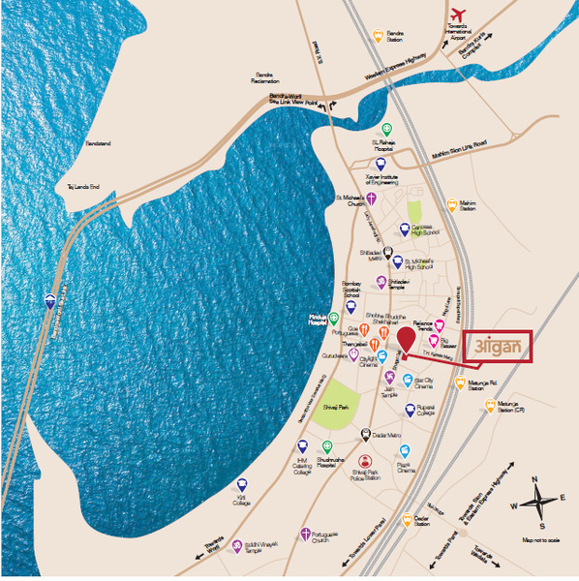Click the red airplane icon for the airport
pyautogui.click(x=458, y=15)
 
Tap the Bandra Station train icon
pyautogui.click(x=378, y=34)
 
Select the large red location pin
pyautogui.click(x=407, y=340)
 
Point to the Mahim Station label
pyautogui.click(x=468, y=207)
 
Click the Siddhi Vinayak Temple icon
pyautogui.click(x=236, y=545)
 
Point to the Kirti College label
pyautogui.click(x=241, y=501)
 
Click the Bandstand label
pyautogui.click(x=98, y=144)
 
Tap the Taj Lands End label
pyautogui.click(x=83, y=187)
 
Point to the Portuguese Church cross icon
pyautogui.click(x=306, y=534)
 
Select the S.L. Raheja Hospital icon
pyautogui.click(x=387, y=129)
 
